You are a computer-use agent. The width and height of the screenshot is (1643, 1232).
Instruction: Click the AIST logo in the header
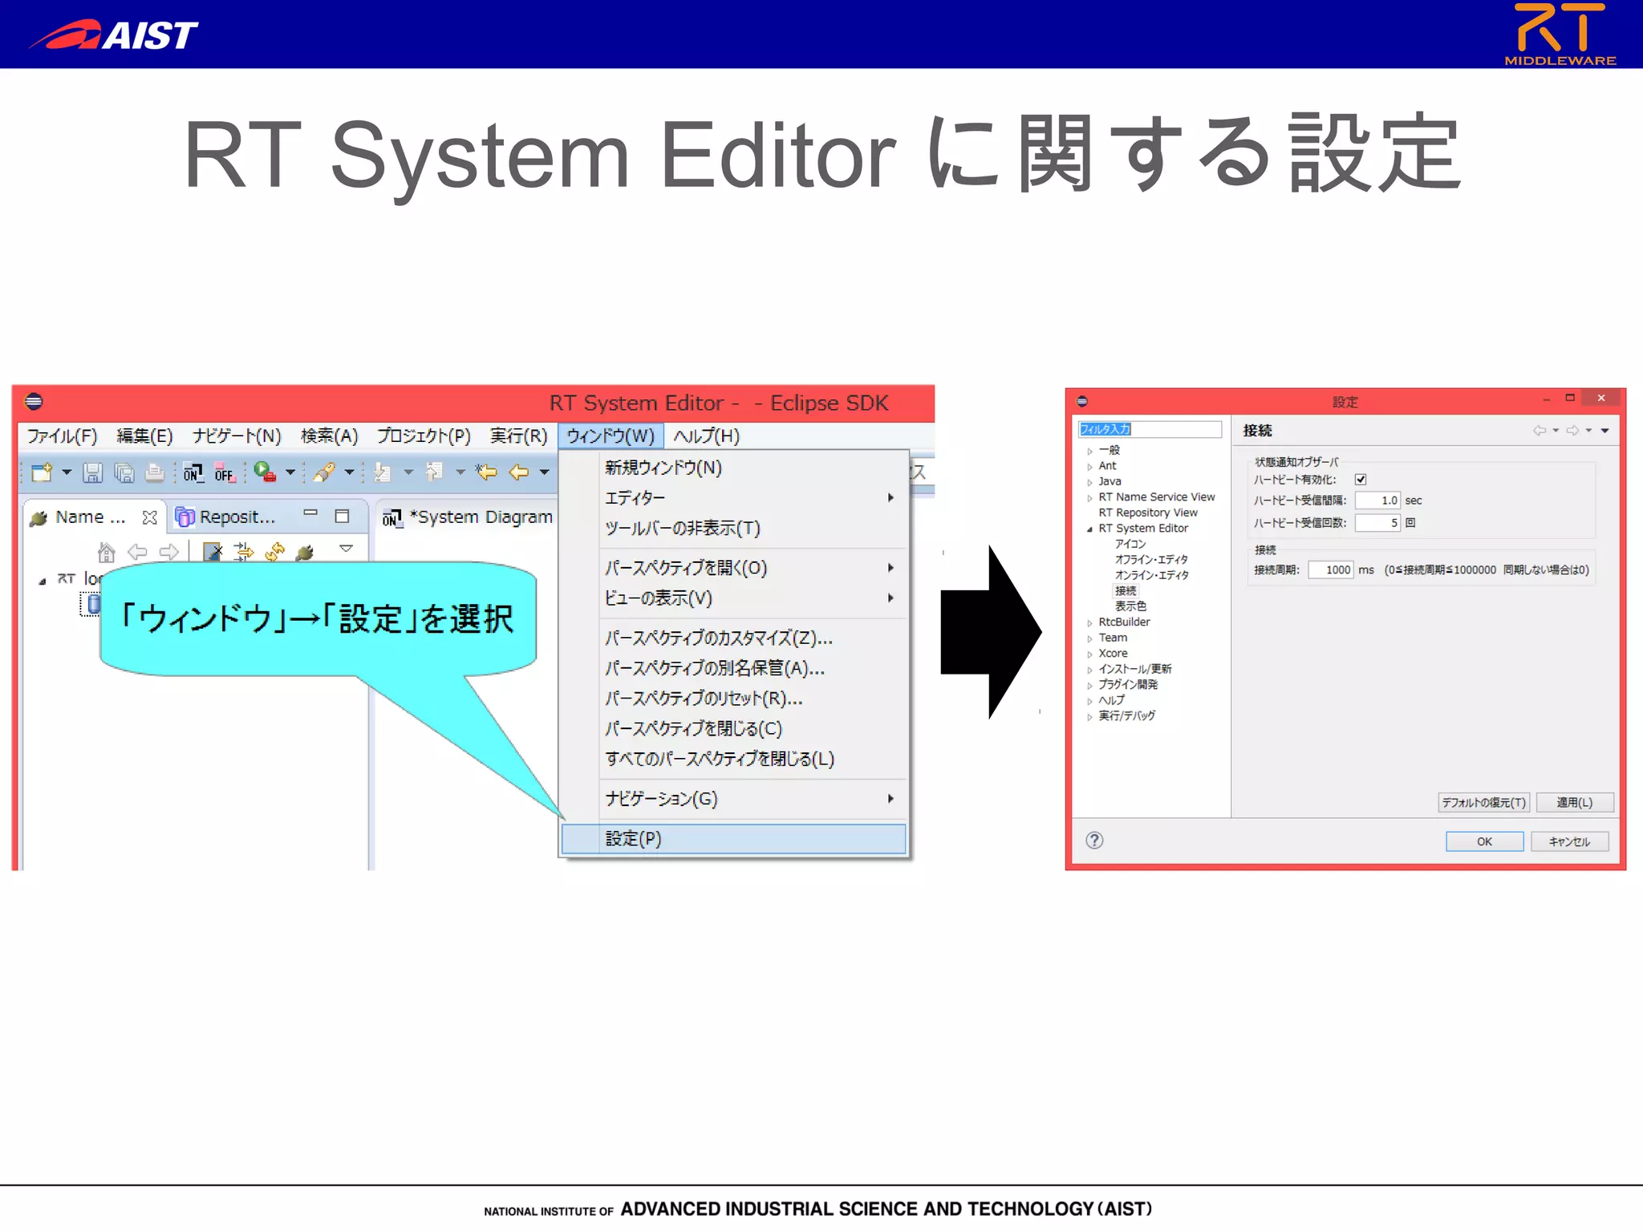click(x=114, y=34)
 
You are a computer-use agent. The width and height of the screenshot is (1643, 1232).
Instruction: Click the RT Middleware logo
click(x=1560, y=34)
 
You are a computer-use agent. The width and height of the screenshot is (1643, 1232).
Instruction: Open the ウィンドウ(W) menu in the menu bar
click(x=611, y=436)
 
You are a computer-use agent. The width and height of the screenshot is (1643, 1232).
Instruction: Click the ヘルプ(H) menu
click(x=706, y=436)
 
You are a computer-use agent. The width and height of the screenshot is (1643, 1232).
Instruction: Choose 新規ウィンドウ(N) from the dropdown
click(x=663, y=468)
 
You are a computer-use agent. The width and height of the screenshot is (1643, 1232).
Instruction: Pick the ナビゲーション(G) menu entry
click(x=662, y=798)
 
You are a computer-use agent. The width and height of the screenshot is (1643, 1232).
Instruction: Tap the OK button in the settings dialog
click(x=1484, y=841)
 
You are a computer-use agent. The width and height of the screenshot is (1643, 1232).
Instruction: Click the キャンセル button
click(x=1569, y=841)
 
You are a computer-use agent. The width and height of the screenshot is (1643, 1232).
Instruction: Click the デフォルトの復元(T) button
click(x=1483, y=802)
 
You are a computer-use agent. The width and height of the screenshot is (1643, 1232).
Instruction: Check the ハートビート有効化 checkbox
click(x=1361, y=480)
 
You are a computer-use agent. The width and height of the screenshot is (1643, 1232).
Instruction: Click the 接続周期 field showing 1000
click(x=1331, y=569)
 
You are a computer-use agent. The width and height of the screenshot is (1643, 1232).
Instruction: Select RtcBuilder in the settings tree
click(x=1124, y=622)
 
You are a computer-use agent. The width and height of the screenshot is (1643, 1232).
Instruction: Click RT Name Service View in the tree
click(x=1156, y=497)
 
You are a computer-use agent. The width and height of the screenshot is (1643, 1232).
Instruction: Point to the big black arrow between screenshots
click(x=992, y=632)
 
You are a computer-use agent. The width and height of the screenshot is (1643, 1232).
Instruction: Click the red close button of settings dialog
click(x=1601, y=399)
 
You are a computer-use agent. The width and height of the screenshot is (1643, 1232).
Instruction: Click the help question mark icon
click(x=1094, y=840)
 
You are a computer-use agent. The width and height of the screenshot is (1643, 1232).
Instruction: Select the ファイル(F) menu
click(x=62, y=436)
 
